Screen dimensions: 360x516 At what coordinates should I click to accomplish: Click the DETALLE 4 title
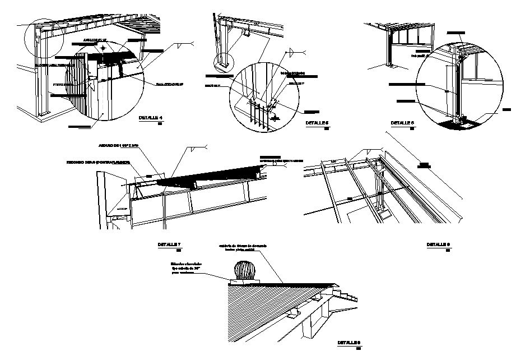[x=150, y=118]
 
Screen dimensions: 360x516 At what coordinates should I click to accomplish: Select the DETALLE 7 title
[x=169, y=245]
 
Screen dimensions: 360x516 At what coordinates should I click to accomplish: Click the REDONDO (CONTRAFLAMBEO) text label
[x=99, y=162]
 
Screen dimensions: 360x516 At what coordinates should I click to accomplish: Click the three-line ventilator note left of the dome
[x=186, y=268]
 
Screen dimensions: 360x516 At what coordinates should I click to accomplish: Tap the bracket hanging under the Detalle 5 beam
[x=246, y=35]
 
